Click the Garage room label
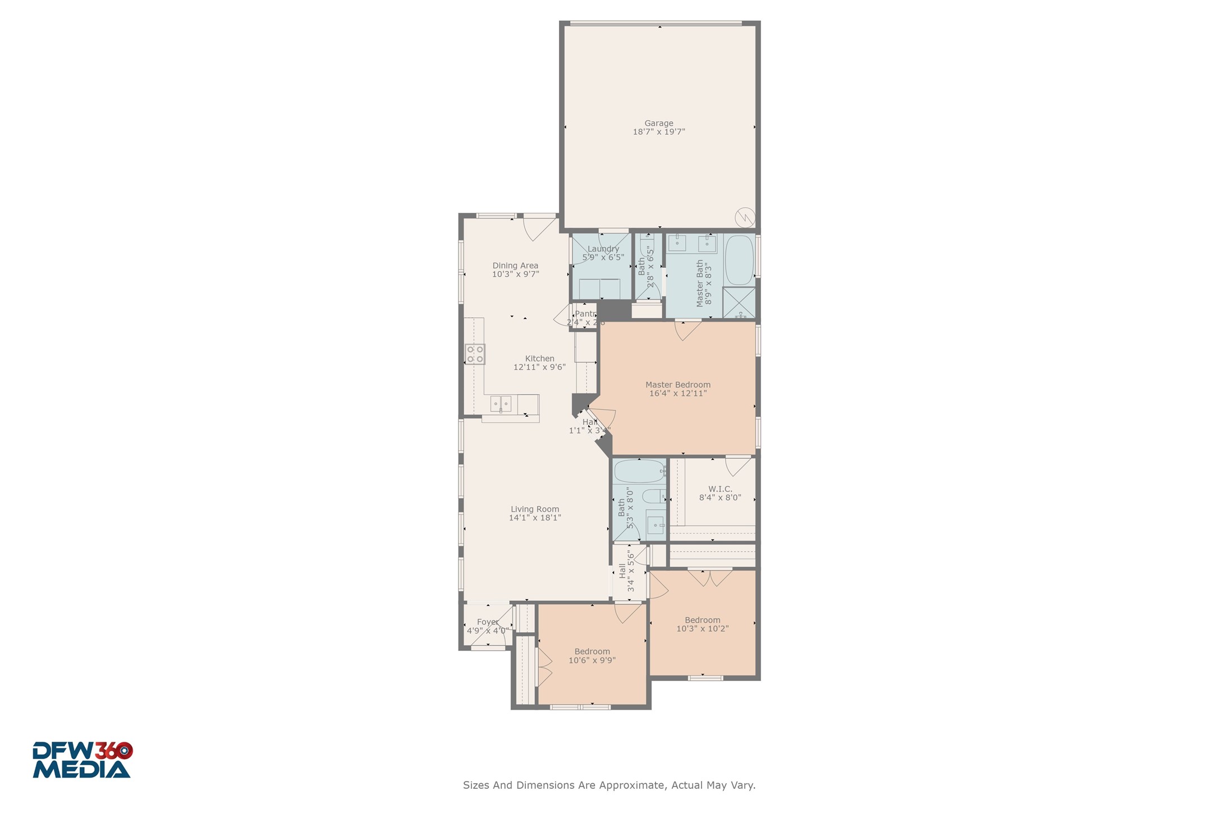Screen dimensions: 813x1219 658,123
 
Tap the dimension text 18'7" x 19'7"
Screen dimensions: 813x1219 658,132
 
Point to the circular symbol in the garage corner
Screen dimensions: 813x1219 745,217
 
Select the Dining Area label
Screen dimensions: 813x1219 515,266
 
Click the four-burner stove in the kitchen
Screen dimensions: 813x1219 475,354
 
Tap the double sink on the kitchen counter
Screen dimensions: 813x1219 501,403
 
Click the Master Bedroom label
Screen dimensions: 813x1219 677,385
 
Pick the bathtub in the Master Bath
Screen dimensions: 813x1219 739,260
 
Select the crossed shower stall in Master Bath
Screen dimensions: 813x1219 739,303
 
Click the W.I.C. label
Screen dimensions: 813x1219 720,489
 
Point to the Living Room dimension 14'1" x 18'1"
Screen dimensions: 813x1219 534,518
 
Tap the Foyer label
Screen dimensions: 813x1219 487,622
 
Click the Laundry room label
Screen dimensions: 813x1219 603,249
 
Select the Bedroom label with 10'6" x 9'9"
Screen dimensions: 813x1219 592,652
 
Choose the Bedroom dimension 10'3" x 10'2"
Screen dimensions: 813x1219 702,629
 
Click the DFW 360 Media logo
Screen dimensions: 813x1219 82,760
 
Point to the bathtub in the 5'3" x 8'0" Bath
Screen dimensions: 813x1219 639,471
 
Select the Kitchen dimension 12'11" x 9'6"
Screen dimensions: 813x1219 539,367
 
